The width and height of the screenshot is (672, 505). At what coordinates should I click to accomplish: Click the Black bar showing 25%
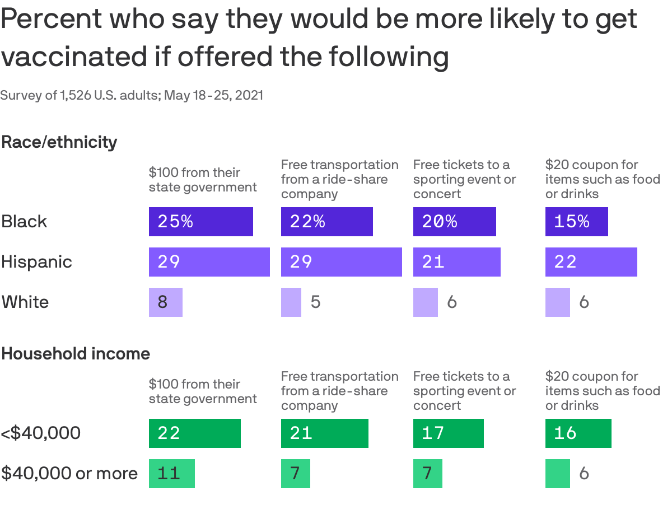200,222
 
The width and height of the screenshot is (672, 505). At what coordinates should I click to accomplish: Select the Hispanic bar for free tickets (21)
456,262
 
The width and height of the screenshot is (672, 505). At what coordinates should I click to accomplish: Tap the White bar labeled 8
165,302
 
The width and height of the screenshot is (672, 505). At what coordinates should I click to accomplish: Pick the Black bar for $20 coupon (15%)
576,222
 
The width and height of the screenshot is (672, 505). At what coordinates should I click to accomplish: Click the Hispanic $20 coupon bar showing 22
591,262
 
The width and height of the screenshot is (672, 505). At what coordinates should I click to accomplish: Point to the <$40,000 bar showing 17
448,433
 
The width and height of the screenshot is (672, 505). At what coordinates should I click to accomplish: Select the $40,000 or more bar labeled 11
171,474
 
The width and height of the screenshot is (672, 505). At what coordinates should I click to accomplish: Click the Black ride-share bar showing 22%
326,222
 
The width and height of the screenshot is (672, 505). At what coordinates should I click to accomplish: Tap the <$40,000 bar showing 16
578,433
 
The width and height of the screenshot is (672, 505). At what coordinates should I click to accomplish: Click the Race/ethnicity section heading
59,142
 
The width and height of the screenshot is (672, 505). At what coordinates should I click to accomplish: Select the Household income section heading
76,354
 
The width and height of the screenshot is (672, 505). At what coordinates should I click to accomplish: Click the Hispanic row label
36,262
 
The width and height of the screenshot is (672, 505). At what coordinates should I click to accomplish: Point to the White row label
25,302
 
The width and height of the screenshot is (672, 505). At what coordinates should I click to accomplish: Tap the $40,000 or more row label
69,474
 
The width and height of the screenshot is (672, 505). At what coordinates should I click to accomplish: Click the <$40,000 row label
41,433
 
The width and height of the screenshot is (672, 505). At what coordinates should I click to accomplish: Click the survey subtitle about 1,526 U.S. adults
132,96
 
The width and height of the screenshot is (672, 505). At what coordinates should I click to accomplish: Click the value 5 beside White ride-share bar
315,302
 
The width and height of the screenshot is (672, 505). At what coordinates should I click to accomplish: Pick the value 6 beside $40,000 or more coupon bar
584,474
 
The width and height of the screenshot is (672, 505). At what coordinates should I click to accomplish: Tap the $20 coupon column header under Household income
602,391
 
